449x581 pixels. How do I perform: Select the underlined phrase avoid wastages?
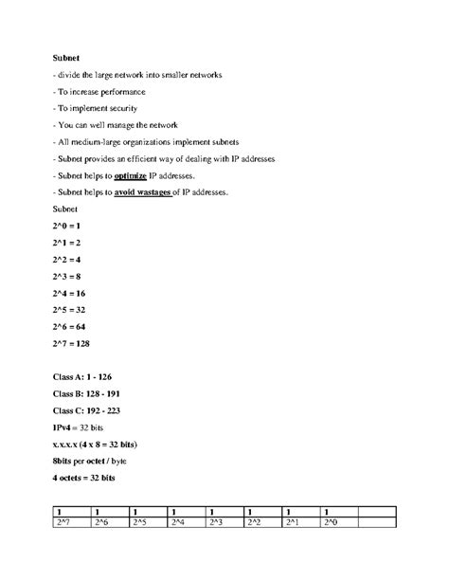[x=145, y=192]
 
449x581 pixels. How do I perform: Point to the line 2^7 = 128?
[x=72, y=344]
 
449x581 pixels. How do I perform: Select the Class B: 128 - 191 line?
[x=87, y=391]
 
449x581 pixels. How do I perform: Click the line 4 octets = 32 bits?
[x=83, y=479]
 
